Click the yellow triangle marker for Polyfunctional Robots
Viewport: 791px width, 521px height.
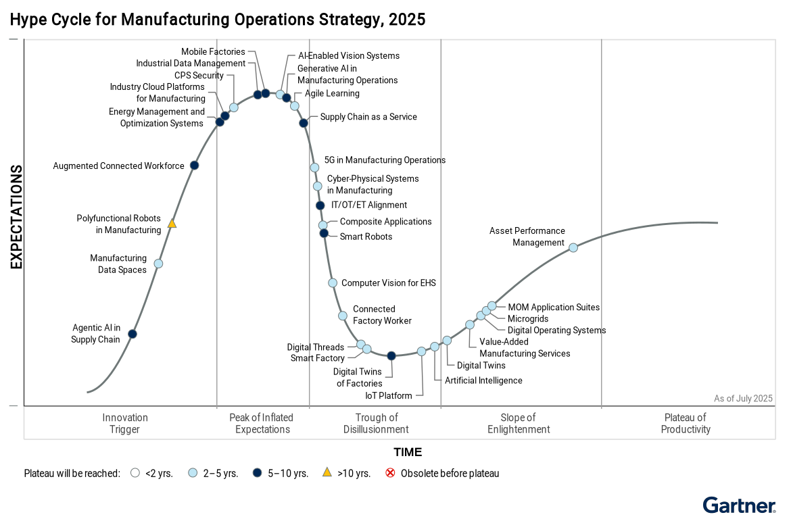[172, 223]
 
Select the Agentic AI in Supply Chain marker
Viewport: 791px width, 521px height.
[133, 334]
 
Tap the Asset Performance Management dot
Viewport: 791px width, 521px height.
[573, 247]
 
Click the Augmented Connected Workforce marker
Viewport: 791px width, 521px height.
[194, 166]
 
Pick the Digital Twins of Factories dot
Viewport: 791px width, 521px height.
[391, 355]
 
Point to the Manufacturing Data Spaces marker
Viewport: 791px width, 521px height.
[158, 264]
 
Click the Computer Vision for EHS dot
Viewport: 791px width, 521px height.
[333, 283]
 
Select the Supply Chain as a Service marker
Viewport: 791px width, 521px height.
[304, 123]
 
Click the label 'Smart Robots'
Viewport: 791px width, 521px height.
[366, 237]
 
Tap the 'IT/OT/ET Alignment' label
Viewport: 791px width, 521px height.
[369, 205]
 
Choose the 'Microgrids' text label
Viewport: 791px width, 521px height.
[528, 318]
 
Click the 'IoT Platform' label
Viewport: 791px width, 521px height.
[388, 395]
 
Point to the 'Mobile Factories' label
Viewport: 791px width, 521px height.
[213, 51]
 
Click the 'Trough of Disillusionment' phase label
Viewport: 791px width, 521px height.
[376, 423]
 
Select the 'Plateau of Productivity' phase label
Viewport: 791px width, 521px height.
[686, 423]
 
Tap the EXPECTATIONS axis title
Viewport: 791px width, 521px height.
[16, 217]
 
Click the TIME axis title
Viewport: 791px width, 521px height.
[408, 452]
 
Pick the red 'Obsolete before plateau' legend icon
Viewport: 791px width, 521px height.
[390, 473]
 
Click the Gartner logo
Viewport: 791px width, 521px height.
[739, 505]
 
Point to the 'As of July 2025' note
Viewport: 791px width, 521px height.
[743, 399]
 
